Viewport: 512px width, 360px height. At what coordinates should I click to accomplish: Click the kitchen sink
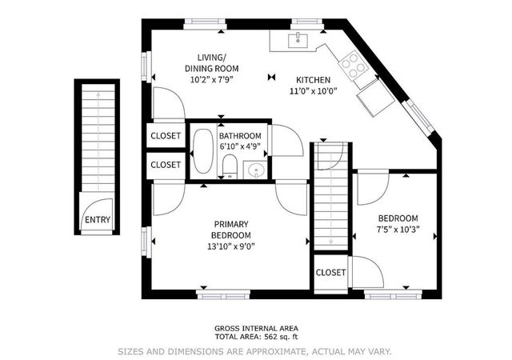point(298,40)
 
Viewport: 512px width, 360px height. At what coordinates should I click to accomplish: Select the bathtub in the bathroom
point(202,151)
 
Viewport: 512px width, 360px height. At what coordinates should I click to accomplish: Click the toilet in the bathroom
point(230,166)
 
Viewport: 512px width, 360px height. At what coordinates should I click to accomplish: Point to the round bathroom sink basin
point(255,170)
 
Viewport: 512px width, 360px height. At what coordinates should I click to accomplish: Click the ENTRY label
point(98,220)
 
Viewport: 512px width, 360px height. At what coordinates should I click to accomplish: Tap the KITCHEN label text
point(313,80)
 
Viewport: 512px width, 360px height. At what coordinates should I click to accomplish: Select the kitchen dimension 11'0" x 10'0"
point(313,91)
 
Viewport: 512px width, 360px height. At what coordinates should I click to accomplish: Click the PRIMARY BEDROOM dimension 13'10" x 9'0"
point(231,246)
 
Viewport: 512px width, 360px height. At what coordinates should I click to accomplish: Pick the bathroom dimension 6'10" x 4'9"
point(240,146)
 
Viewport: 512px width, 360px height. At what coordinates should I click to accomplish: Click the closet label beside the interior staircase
point(330,273)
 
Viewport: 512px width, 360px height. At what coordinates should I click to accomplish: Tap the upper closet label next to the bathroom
point(166,135)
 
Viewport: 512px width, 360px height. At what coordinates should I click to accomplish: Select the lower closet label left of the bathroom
point(166,165)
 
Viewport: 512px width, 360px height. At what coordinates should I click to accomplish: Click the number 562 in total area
point(270,337)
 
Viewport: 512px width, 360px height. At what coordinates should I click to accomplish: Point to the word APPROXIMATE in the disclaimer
point(276,352)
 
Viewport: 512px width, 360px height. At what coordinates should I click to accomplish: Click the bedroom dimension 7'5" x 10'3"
point(398,230)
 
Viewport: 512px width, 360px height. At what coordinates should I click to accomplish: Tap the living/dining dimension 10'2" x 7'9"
point(211,79)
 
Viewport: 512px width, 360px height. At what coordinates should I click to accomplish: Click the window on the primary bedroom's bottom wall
point(223,294)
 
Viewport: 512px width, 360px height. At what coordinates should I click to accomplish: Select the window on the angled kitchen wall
point(418,117)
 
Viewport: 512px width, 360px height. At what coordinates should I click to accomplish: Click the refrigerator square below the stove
point(375,101)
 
